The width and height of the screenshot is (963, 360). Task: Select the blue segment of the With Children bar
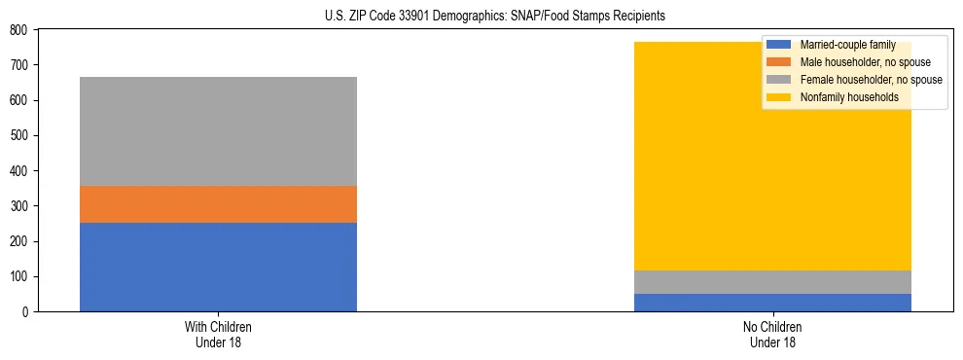[218, 267]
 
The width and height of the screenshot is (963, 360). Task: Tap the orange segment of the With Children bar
[218, 204]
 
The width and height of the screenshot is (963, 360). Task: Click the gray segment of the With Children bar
[218, 131]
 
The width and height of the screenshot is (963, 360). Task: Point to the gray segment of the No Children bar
[772, 282]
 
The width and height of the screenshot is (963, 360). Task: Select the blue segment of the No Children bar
[772, 302]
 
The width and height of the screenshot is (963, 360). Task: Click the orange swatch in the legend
[779, 62]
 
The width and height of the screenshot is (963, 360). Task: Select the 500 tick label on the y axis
[21, 136]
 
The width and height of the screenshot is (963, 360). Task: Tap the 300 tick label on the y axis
[21, 206]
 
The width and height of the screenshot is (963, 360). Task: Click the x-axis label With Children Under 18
[218, 335]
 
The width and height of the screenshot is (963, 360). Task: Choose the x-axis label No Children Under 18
[772, 335]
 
